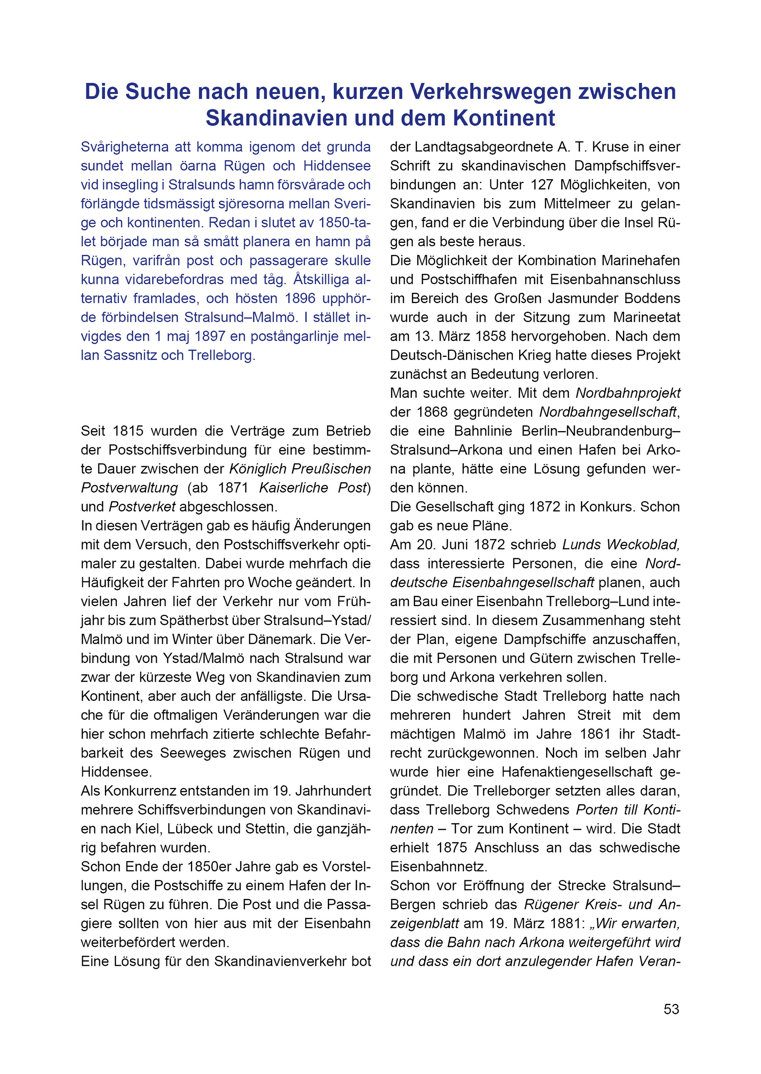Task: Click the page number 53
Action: [671, 1009]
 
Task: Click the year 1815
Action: [128, 431]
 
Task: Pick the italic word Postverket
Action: [142, 507]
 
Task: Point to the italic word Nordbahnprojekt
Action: [628, 393]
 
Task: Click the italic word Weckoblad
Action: [643, 545]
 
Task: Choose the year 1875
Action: [452, 848]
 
